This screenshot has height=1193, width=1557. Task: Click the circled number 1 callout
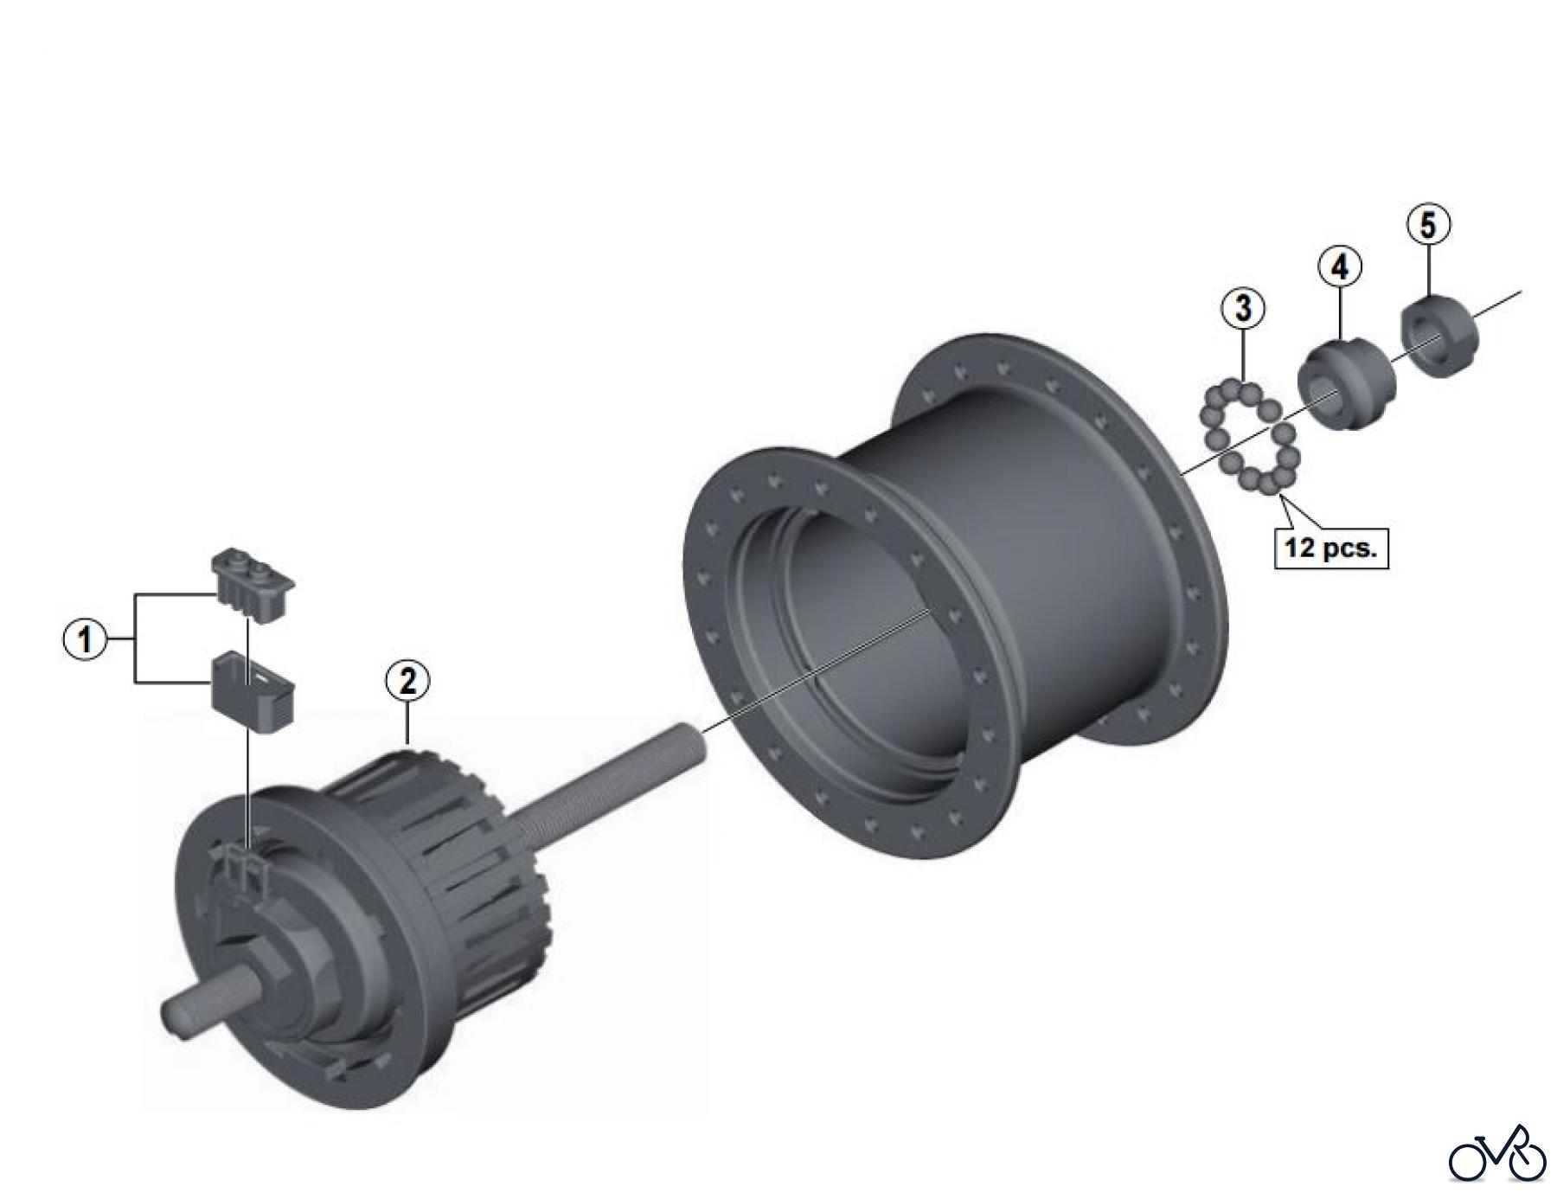point(86,640)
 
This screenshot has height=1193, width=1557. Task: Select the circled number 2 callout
point(407,681)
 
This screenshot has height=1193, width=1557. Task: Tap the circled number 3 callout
point(1243,308)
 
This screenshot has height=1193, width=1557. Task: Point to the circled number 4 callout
point(1339,266)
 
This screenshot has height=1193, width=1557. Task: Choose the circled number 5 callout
point(1428,225)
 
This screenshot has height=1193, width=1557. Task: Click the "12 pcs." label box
point(1330,548)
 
